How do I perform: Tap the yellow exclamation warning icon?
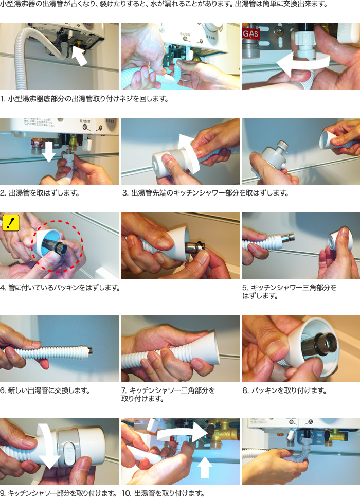11,223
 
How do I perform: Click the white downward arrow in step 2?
49,151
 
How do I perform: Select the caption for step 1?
84,99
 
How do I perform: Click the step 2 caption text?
40,193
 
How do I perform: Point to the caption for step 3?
205,193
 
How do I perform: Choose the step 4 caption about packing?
60,288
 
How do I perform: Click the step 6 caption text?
45,390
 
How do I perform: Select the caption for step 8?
284,390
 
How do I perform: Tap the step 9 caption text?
58,493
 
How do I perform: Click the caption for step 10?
163,493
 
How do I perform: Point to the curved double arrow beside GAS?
302,64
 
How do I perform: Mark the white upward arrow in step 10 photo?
205,467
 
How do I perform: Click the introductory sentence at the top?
164,4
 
